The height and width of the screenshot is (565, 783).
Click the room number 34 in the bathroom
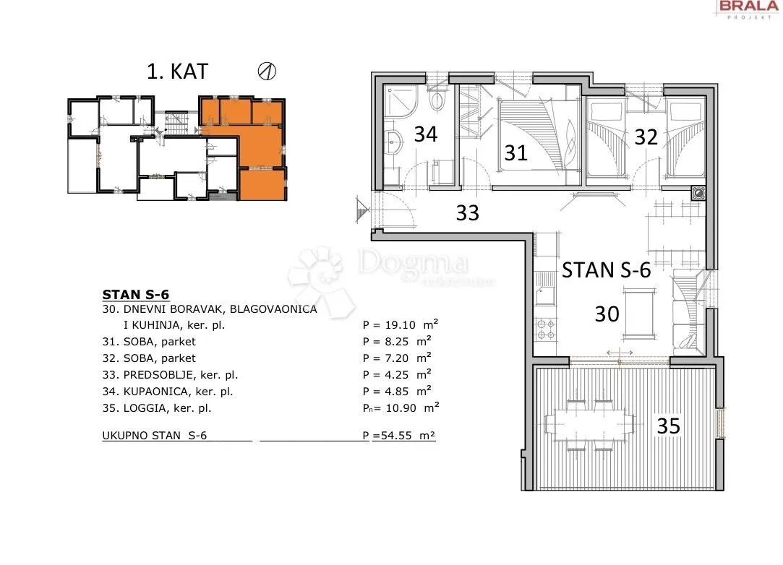(x=426, y=134)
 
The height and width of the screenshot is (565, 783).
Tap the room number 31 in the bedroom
(x=515, y=152)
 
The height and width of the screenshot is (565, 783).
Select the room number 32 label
(x=646, y=137)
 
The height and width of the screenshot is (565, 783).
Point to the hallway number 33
(x=467, y=212)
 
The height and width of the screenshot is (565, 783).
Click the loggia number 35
(x=668, y=426)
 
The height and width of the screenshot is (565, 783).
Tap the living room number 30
(x=607, y=314)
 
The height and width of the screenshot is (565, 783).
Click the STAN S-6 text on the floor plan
(x=606, y=270)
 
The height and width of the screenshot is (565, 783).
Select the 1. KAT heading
(x=177, y=72)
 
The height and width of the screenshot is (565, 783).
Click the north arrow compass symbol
(x=268, y=72)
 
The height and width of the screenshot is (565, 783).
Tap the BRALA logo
(x=748, y=8)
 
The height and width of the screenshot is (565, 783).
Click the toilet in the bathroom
(x=437, y=99)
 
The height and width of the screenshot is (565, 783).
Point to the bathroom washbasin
(x=394, y=142)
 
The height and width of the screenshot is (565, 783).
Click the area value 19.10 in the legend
(x=400, y=325)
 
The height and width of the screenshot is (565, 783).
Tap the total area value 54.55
(x=396, y=435)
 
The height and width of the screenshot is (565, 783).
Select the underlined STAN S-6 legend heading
(x=136, y=295)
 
